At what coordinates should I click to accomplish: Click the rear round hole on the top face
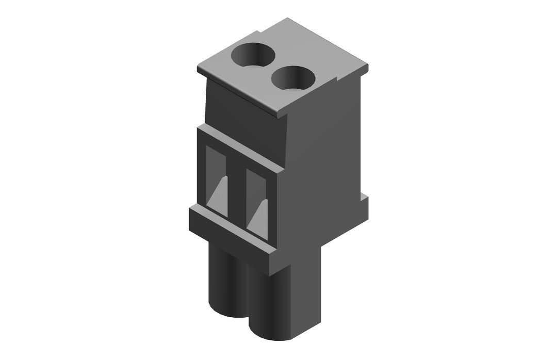tap(253, 54)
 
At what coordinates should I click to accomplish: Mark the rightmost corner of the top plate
tap(368, 67)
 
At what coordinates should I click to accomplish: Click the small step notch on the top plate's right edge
tap(338, 80)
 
